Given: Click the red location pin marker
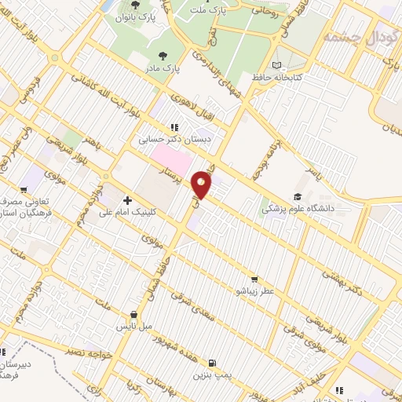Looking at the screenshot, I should [203, 185].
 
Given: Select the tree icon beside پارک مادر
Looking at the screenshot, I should [163, 55].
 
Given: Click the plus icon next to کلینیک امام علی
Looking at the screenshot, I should [127, 201].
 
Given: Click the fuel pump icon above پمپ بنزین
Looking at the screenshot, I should [211, 364].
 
